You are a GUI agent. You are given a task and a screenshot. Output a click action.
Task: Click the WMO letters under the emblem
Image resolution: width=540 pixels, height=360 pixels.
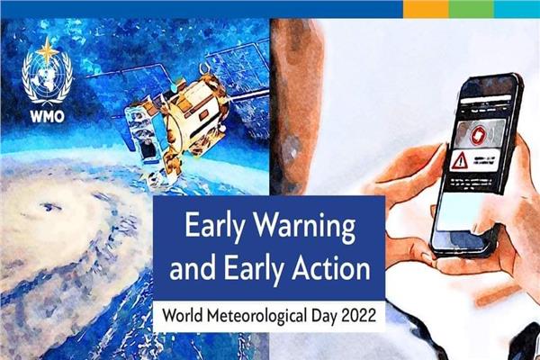coord(47,116)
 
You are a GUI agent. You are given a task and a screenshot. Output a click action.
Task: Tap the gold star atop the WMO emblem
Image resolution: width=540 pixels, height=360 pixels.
coord(48,51)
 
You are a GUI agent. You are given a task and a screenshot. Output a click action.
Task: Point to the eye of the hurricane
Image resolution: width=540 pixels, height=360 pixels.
coord(50,207)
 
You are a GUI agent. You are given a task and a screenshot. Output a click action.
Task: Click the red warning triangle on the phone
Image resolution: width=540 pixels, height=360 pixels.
coord(459,160)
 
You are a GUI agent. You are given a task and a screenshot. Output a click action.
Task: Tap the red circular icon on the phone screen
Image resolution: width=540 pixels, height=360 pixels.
coord(479,134)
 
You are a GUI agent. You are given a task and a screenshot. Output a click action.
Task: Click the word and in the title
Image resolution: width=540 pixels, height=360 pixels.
coord(193,268)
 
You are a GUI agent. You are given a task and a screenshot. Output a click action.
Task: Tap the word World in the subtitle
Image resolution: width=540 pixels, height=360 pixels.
coord(184,315)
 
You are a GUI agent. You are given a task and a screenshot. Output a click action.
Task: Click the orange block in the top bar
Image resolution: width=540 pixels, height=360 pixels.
coord(426,9)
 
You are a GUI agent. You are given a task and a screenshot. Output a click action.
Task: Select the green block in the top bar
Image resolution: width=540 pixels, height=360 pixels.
coord(471,9)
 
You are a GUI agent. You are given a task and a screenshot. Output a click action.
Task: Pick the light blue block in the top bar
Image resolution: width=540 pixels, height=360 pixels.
coord(517,9)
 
